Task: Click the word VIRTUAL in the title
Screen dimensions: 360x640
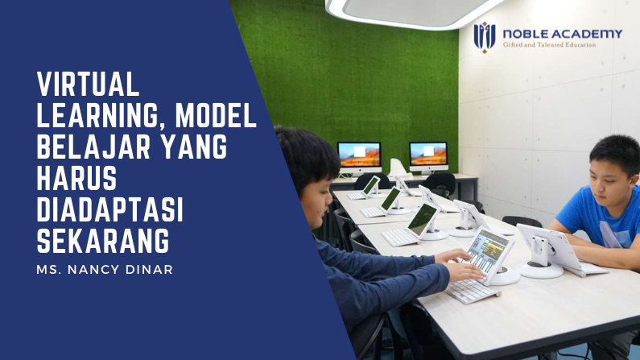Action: click(89, 83)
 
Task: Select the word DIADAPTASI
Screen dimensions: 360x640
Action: click(110, 211)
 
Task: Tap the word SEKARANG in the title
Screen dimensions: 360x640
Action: click(104, 242)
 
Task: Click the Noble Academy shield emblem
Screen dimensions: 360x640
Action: click(484, 36)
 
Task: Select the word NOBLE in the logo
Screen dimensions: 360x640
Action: click(526, 33)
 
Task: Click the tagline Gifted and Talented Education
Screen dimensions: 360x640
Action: click(549, 45)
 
